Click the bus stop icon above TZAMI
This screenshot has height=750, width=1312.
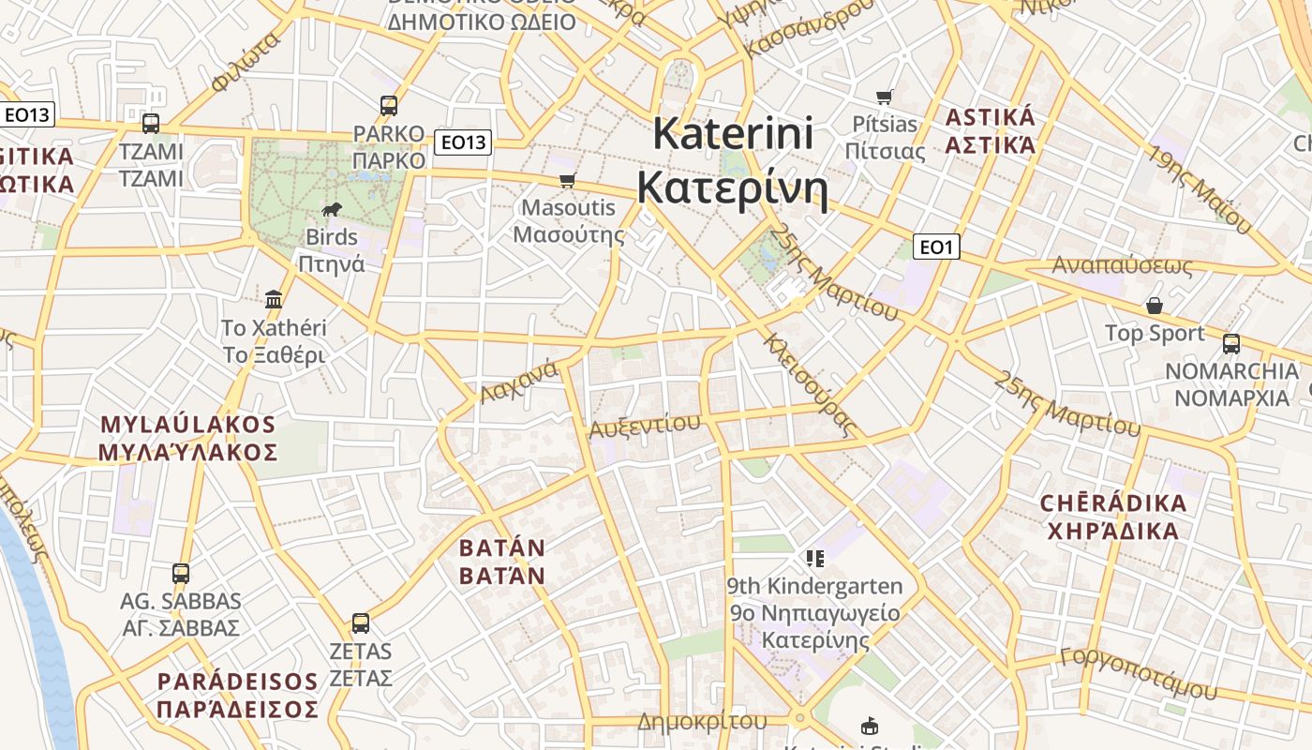tap(150, 123)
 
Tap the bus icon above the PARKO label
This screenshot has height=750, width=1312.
tap(389, 106)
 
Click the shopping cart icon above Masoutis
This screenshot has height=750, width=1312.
tap(567, 180)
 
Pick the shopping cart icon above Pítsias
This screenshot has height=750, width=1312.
tap(884, 97)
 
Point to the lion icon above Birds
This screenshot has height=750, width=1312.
tap(332, 209)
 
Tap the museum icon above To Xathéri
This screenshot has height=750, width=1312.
tap(274, 299)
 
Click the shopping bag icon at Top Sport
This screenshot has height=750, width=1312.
tap(1155, 306)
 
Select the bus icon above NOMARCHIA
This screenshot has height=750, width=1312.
tap(1231, 343)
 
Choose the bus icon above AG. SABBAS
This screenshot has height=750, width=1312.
tap(181, 573)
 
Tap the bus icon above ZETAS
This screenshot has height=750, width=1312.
tap(360, 622)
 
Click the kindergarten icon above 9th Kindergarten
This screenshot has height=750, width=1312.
tap(815, 559)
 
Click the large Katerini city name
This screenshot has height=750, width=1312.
tap(733, 160)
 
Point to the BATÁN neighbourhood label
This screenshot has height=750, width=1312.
tap(501, 561)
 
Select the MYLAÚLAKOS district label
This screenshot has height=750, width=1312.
tap(188, 438)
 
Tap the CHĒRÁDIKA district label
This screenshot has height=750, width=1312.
tap(1113, 517)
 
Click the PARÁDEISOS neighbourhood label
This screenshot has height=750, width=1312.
tap(238, 695)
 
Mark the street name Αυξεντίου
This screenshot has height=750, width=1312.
tap(644, 426)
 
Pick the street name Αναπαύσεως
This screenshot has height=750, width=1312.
tap(1122, 265)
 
